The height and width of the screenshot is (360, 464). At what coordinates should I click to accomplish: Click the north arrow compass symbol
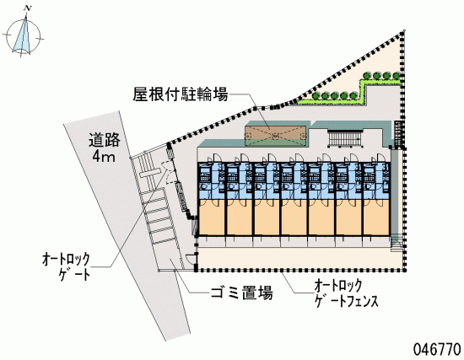pos(23,37)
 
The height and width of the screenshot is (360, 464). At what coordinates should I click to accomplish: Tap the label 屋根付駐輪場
pos(181,94)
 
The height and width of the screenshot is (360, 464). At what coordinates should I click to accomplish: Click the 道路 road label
pos(105,140)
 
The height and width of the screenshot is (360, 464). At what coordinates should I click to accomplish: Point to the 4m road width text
pos(104,156)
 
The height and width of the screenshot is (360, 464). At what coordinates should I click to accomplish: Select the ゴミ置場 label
pos(241,293)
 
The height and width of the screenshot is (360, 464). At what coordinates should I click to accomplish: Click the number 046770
pos(437,349)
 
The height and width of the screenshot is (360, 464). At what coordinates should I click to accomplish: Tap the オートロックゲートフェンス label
pos(346,293)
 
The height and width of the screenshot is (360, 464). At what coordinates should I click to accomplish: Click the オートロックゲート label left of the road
pos(66,266)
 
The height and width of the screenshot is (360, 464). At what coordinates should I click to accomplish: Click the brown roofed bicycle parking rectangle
pos(275,136)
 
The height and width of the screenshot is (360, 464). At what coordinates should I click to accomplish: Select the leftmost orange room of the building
pos(211,218)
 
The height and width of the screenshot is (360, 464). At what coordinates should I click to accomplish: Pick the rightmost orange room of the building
pos(376,218)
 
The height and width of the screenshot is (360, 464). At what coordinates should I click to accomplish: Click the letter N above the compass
pos(28,8)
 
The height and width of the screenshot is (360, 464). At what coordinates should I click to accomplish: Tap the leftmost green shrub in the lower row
pos(316,96)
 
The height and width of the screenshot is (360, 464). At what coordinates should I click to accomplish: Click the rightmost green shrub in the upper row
pos(397,76)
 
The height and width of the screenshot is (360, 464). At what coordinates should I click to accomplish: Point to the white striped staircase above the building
pos(344,138)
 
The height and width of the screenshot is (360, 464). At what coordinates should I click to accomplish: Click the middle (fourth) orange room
pos(294,218)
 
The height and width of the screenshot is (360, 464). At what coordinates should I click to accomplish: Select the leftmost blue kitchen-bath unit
pos(211,180)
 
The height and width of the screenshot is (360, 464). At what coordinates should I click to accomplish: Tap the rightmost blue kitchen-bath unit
pos(376,180)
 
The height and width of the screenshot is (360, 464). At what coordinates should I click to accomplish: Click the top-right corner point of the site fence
pos(403,31)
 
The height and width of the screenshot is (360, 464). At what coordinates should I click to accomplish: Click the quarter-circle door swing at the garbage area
pos(189,258)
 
